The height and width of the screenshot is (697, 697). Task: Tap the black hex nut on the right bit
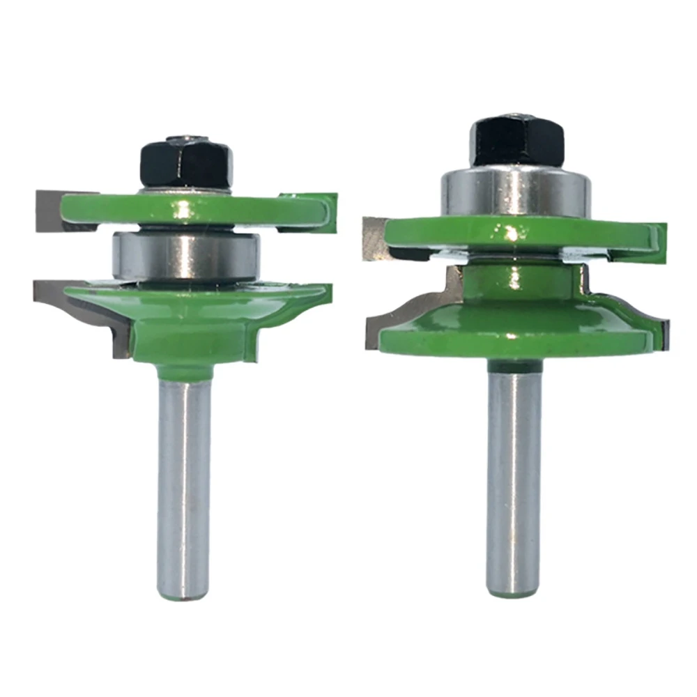coord(516,142)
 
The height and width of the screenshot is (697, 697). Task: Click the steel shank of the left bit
coord(185,474)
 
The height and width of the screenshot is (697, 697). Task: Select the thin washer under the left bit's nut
coord(185,190)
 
